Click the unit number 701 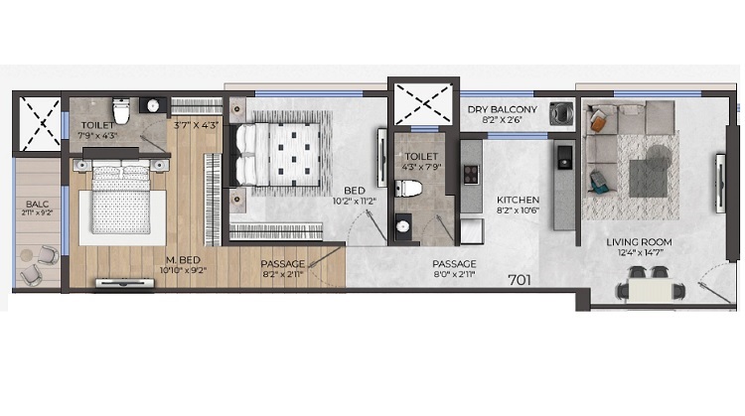point(520,280)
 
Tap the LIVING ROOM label point(639,242)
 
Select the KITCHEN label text point(518,200)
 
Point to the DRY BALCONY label point(503,109)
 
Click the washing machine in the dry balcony point(561,113)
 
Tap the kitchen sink point(564,157)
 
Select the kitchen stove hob point(471,175)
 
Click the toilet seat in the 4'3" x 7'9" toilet point(408,189)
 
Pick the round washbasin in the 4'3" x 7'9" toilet point(403,226)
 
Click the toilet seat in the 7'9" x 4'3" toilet point(121,110)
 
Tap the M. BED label point(183,260)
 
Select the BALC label point(37,205)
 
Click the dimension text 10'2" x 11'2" point(354,202)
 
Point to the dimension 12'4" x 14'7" point(639,253)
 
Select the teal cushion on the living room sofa point(598,183)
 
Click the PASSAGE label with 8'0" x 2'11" point(454,264)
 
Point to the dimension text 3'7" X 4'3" point(197,126)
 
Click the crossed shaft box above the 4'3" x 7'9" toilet point(423,103)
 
